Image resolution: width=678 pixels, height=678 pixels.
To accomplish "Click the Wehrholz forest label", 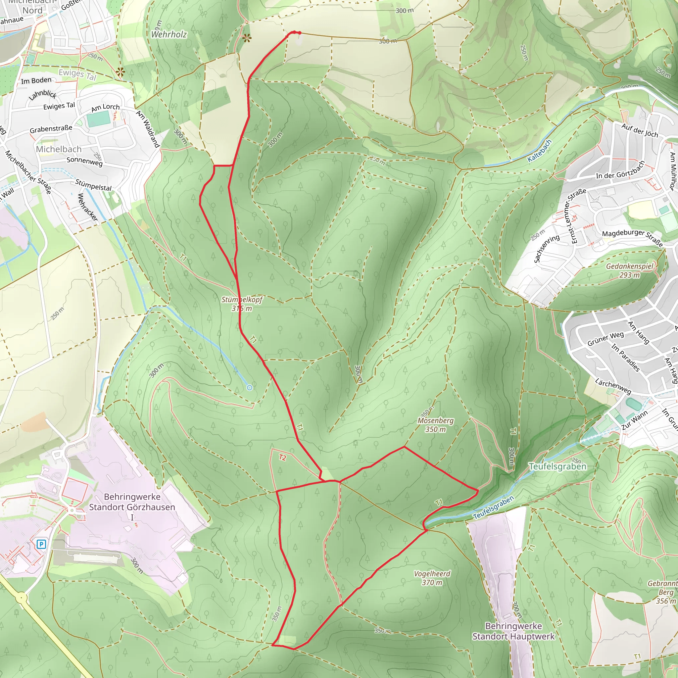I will [169, 34].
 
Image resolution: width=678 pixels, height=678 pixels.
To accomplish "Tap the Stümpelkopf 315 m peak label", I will [242, 304].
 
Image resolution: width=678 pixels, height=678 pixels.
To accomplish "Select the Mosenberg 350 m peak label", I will [436, 425].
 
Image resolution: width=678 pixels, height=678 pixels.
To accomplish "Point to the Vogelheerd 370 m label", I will [432, 578].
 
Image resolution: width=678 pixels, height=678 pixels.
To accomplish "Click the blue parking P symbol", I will [41, 544].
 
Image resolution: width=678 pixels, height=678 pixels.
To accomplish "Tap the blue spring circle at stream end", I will [250, 387].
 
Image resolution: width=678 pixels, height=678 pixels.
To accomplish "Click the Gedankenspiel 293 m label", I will [630, 270].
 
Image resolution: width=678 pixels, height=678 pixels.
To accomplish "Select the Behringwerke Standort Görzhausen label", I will [132, 502].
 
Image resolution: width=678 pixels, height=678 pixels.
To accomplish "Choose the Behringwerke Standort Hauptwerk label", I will [513, 631].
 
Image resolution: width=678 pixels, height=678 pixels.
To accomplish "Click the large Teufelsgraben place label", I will [557, 466].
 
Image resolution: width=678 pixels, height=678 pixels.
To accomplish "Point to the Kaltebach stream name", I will [540, 151].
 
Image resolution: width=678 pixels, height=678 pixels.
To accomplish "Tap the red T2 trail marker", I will [282, 458].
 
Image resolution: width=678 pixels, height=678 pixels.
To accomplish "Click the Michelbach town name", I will [59, 149].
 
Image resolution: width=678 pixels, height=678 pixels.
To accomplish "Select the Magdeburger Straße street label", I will [632, 238].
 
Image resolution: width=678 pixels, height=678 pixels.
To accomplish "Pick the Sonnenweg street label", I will [84, 162].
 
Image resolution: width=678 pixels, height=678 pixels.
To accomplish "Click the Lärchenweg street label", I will [613, 386].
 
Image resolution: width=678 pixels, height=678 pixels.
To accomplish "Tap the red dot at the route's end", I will [299, 33].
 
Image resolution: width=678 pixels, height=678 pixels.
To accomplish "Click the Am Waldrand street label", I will [148, 129].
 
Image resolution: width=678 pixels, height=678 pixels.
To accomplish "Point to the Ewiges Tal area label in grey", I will [77, 74].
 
